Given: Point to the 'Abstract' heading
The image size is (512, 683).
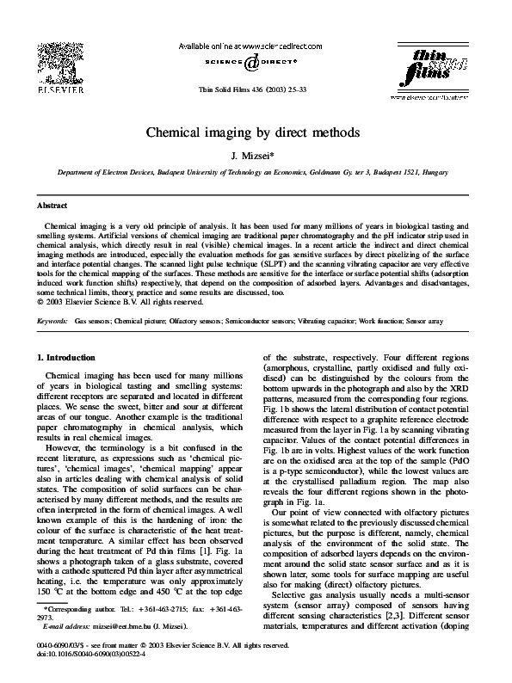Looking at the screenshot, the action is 52,206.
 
